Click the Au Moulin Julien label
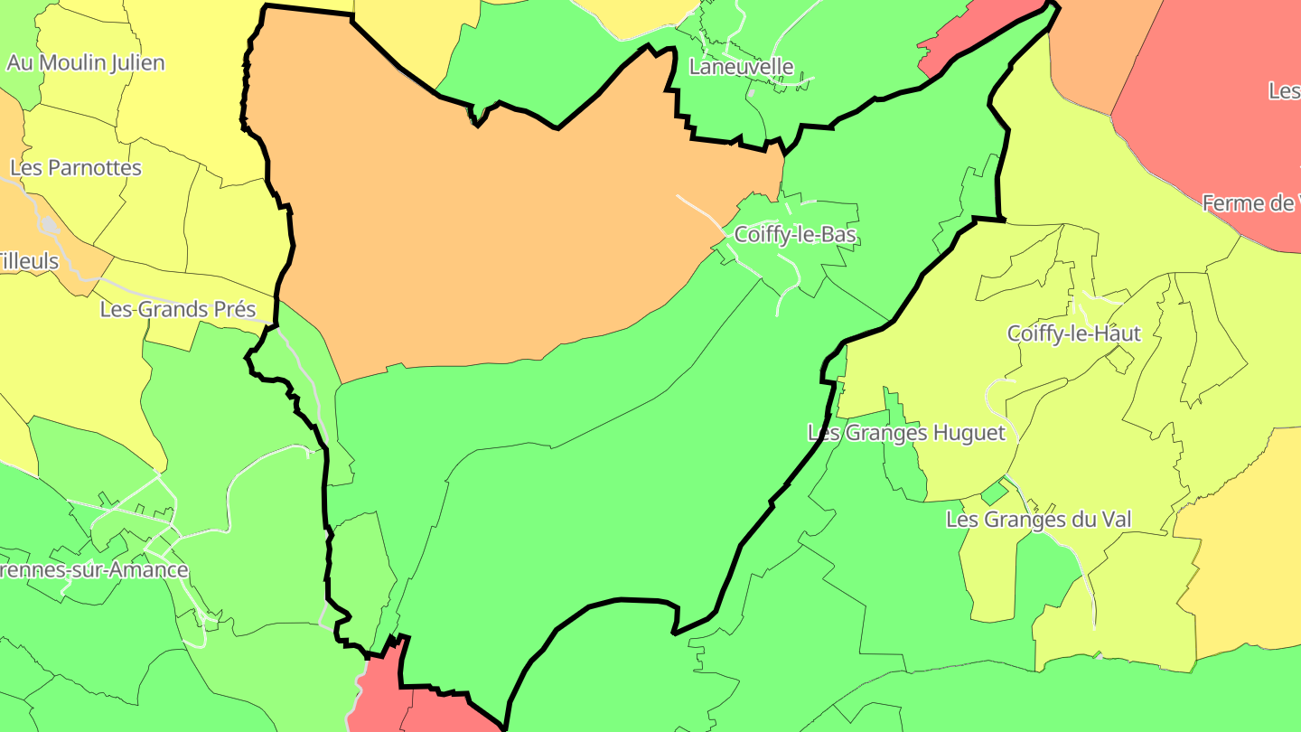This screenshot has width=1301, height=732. point(86,63)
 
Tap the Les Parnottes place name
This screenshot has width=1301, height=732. point(76,168)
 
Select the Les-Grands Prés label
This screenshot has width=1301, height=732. point(178,310)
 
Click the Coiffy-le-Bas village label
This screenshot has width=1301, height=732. point(795,235)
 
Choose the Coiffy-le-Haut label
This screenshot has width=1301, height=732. point(1073,334)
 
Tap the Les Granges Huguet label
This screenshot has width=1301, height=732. point(906,433)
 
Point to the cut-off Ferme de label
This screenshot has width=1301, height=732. point(1250,204)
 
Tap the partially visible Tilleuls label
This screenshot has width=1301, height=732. point(29,262)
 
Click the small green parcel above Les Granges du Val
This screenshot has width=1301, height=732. point(995,493)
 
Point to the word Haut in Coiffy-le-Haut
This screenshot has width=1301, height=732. point(1119,334)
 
